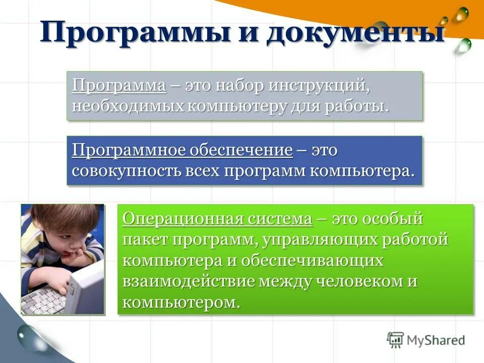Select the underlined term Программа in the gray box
pyautogui.click(x=119, y=85)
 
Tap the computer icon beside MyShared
pyautogui.click(x=396, y=340)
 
